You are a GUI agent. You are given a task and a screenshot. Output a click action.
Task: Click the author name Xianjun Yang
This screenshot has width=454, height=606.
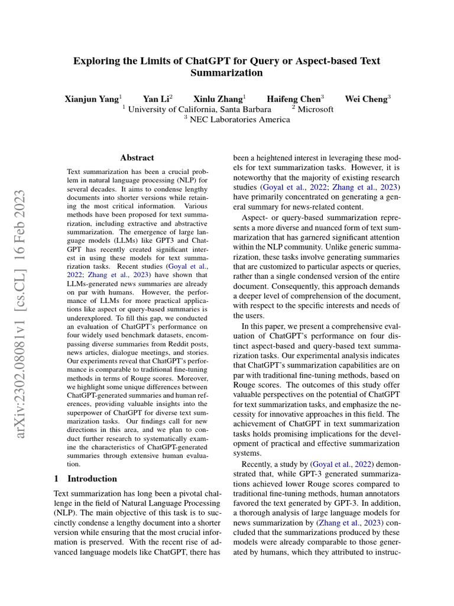click(x=92, y=99)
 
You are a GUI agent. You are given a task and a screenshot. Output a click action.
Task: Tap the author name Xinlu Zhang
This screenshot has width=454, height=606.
click(x=218, y=99)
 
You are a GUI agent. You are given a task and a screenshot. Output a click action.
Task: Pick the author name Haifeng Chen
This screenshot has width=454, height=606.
click(x=294, y=99)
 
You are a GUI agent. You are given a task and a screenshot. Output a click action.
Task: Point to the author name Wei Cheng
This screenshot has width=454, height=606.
click(x=366, y=99)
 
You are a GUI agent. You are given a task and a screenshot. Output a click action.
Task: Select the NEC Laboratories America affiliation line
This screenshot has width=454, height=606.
click(x=239, y=120)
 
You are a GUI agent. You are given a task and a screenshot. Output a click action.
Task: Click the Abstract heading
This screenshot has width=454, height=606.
click(x=137, y=158)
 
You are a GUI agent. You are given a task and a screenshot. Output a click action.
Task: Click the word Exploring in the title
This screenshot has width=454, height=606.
click(x=96, y=61)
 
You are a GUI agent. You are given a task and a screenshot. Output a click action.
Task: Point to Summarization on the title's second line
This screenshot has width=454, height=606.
click(x=226, y=73)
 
